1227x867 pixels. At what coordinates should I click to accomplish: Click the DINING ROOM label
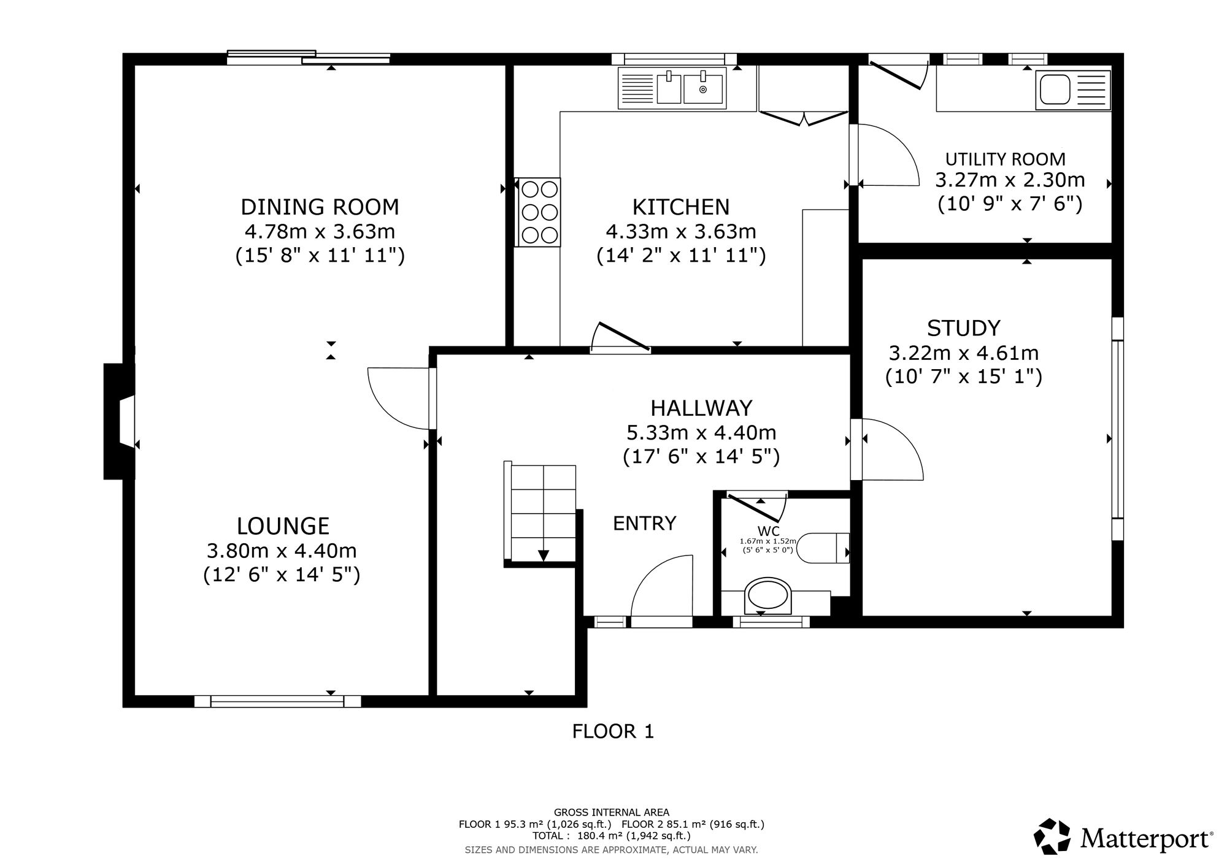320,207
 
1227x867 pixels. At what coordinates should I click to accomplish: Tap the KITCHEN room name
681,207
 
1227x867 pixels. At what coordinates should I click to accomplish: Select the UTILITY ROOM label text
1005,159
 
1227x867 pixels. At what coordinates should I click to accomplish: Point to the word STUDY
963,329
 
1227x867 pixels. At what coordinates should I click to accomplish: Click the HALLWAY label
701,408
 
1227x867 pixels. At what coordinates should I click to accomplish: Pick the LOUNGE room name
283,526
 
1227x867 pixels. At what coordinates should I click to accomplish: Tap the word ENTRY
644,524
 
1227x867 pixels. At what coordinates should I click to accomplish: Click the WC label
768,531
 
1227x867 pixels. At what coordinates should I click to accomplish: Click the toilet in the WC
826,548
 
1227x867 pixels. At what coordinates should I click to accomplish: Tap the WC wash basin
767,596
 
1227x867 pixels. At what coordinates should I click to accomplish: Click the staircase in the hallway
540,513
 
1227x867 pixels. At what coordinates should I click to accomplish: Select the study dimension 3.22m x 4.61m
963,353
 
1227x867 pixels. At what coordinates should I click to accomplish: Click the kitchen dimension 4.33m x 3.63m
681,232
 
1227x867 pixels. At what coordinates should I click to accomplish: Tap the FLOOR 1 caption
613,731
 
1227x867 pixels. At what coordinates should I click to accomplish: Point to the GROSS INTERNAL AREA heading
612,813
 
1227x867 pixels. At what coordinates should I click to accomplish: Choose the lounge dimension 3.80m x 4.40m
282,551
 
